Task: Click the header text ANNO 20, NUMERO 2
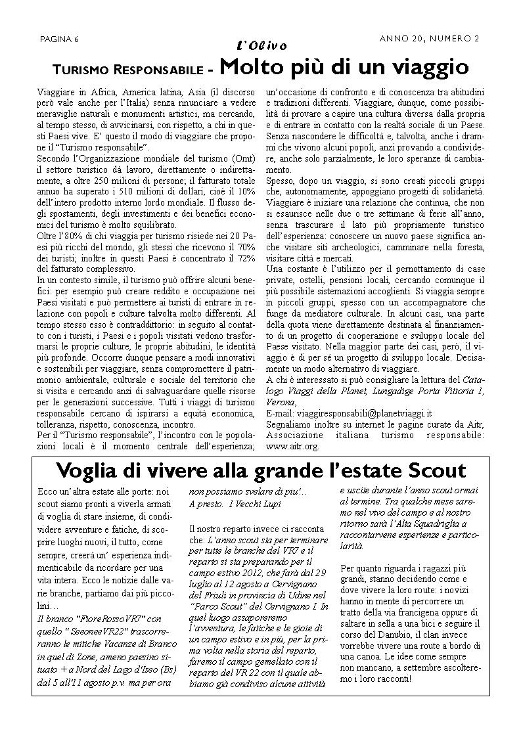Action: [x=429, y=39]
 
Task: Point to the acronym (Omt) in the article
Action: [x=241, y=160]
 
